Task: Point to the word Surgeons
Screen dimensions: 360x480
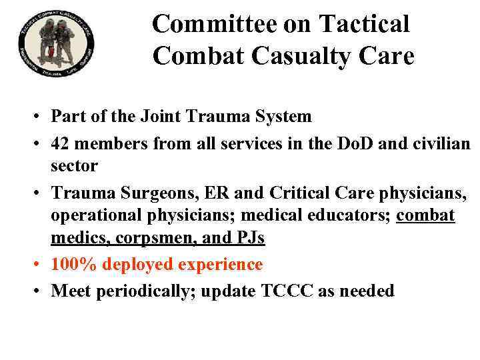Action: [143, 194]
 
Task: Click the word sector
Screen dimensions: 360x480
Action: [74, 165]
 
